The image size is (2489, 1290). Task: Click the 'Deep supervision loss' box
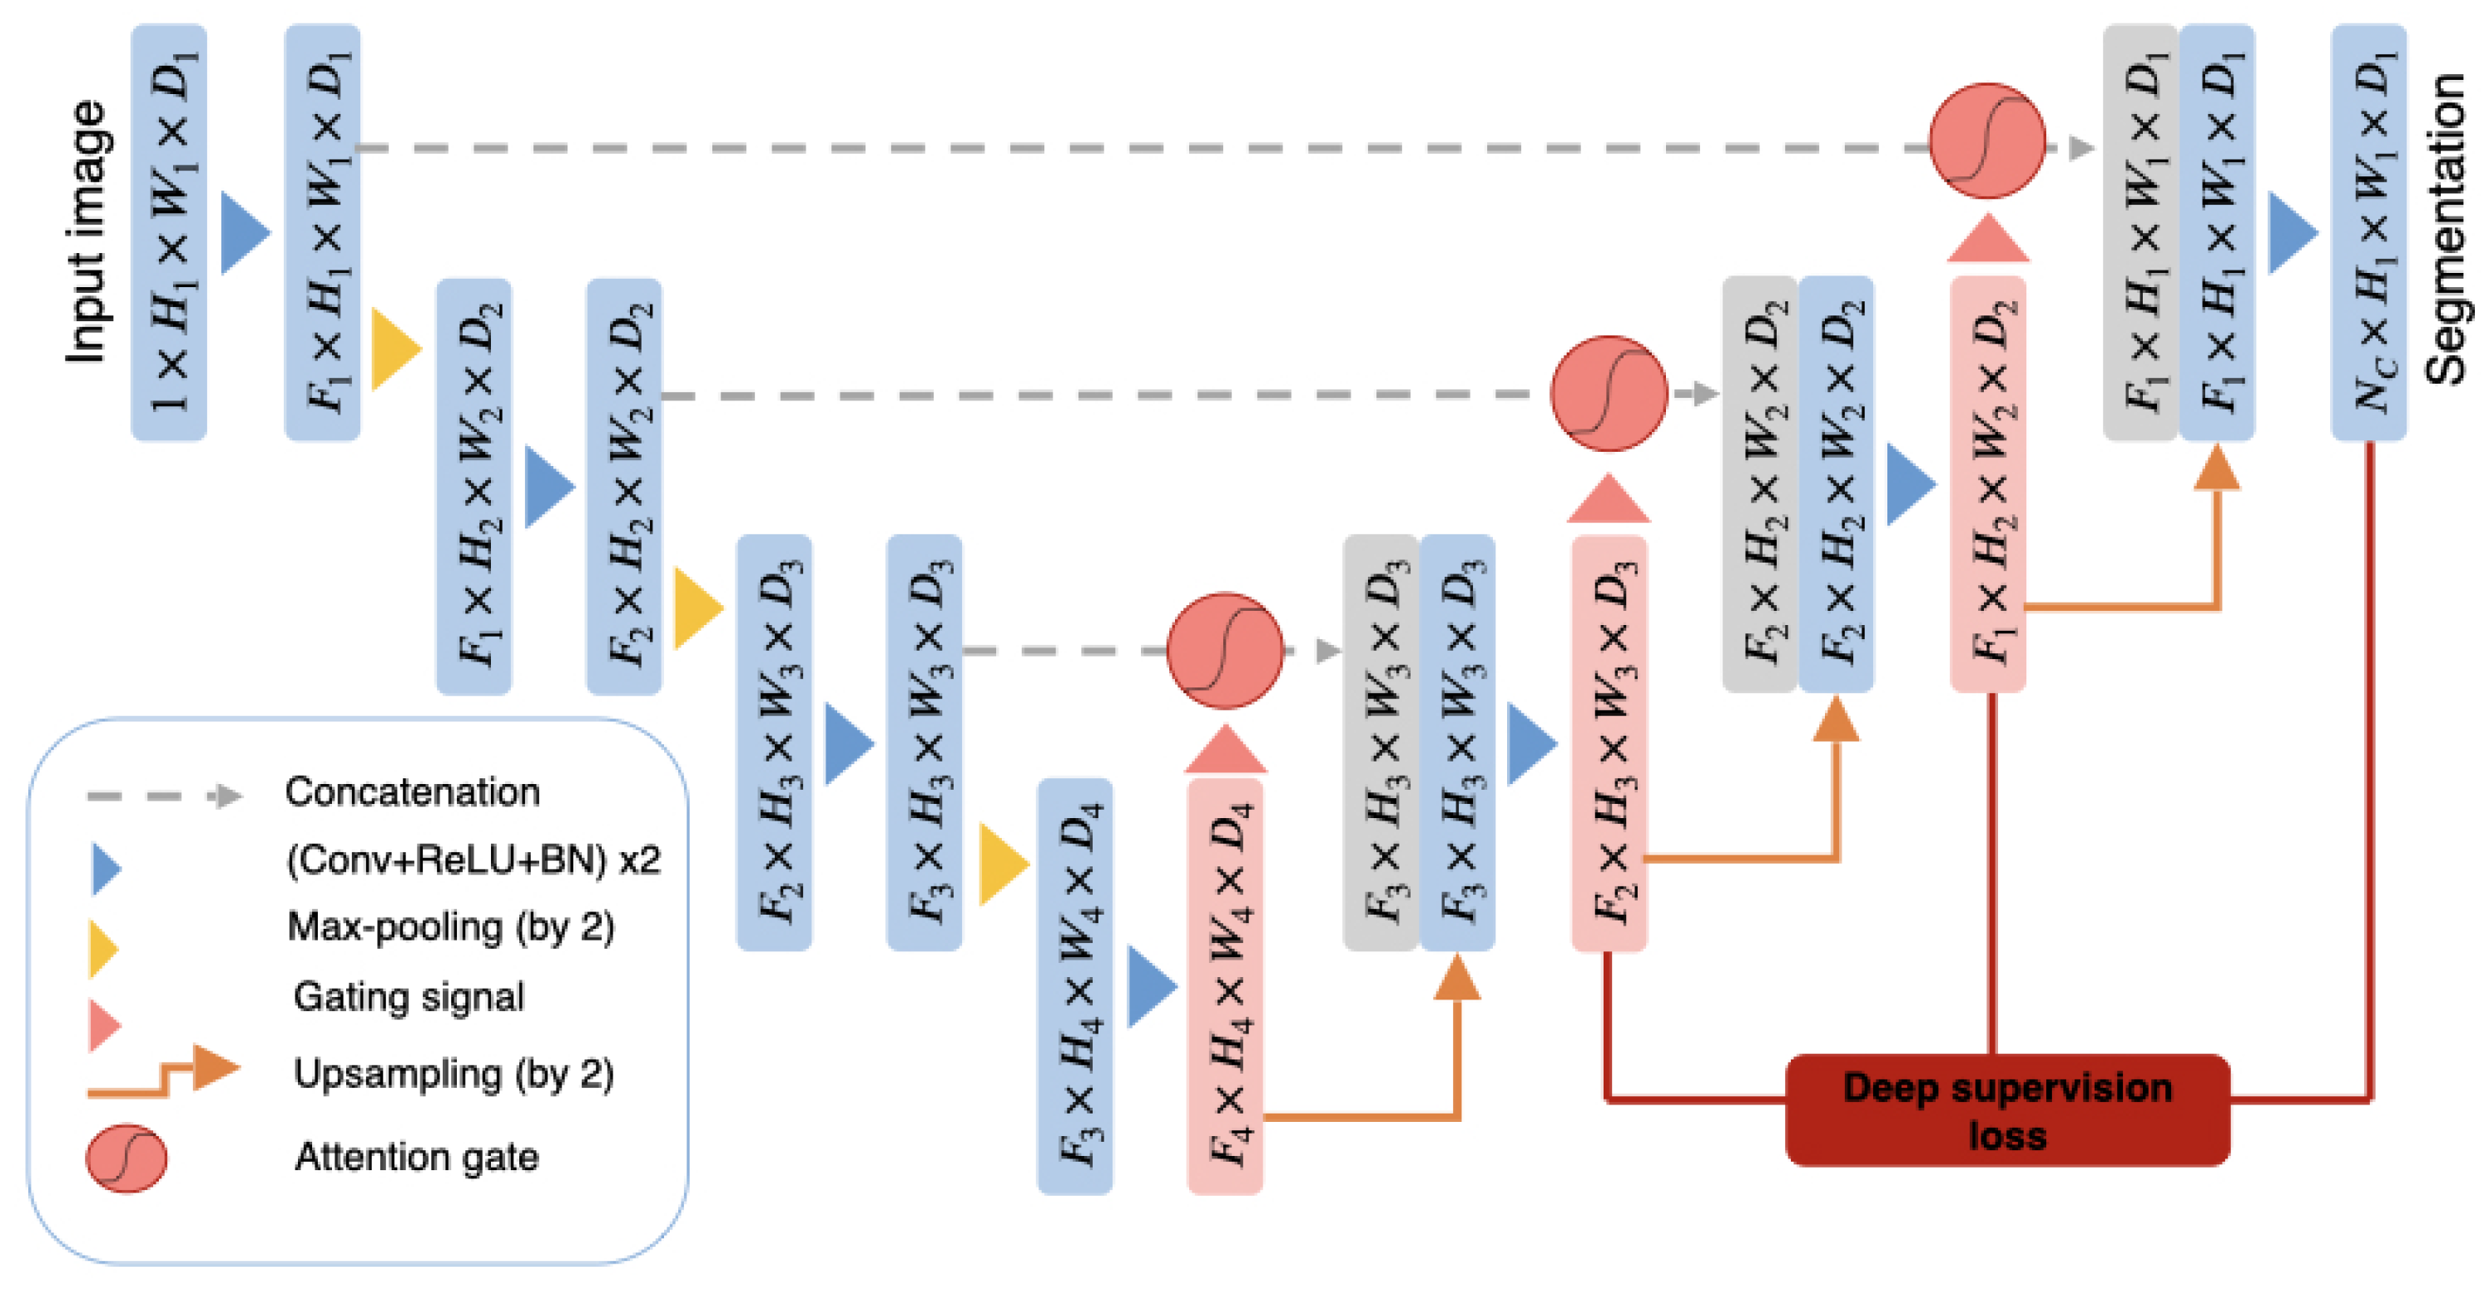click(2008, 1110)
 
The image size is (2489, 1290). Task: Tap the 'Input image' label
click(87, 232)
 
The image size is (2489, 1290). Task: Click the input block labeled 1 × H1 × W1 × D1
click(169, 232)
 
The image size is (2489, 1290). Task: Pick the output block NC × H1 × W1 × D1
click(2368, 232)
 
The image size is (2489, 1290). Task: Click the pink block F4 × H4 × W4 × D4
click(1224, 985)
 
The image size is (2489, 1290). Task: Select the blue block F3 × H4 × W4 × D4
click(1074, 985)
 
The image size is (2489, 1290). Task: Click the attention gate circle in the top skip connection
click(1986, 141)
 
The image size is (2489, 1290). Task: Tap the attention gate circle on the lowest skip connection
click(1224, 650)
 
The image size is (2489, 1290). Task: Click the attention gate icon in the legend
click(126, 1158)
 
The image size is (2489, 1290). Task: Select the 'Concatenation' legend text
click(412, 792)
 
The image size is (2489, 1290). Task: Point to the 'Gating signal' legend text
click(409, 996)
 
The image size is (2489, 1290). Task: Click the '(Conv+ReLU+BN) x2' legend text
click(474, 859)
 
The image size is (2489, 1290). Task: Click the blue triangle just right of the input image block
click(244, 232)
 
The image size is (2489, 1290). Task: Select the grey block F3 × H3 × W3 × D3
click(1381, 742)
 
